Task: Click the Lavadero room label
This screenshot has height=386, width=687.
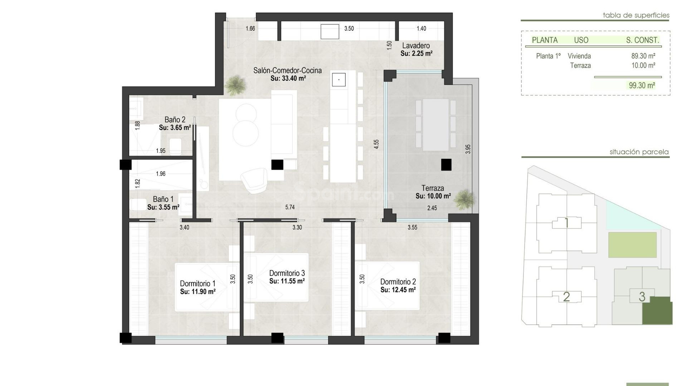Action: point(416,46)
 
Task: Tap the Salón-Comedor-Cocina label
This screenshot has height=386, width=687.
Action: point(287,70)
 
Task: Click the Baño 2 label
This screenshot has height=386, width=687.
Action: point(175,120)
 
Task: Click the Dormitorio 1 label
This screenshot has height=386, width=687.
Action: point(198,284)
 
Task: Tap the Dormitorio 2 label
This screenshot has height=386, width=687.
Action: point(398,282)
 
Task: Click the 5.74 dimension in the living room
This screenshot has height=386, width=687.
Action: point(290,207)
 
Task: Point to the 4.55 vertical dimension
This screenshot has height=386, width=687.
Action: point(376,144)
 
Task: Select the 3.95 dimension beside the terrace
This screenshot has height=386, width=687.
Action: point(468,149)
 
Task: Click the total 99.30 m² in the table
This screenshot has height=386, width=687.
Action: point(642,85)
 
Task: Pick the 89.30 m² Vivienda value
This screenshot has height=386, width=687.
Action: point(643,56)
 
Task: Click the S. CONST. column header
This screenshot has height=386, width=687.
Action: point(642,40)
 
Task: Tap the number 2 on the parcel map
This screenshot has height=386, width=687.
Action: point(566,297)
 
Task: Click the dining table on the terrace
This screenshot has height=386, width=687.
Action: point(435,125)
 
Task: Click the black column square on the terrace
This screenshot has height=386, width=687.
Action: point(446,165)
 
